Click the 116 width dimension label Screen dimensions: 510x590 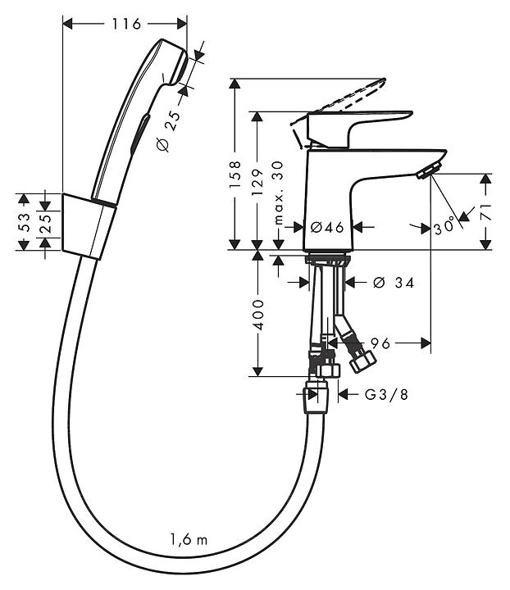tap(126, 24)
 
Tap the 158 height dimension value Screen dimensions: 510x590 tap(235, 175)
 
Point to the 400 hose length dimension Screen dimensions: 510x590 tap(258, 315)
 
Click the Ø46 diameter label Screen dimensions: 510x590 tap(327, 227)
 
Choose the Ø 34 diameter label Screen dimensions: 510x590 tap(394, 283)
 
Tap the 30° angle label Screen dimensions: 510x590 tap(444, 227)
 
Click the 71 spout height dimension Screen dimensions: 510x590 tap(486, 212)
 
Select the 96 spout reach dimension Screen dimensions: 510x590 tap(380, 343)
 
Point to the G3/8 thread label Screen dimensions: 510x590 tap(386, 394)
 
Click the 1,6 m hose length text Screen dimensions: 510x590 tap(189, 540)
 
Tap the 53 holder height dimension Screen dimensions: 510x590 tap(24, 222)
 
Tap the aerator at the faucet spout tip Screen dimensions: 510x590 tap(429, 170)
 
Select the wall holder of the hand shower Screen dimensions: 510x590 tap(89, 226)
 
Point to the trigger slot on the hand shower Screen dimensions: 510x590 tap(139, 134)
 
